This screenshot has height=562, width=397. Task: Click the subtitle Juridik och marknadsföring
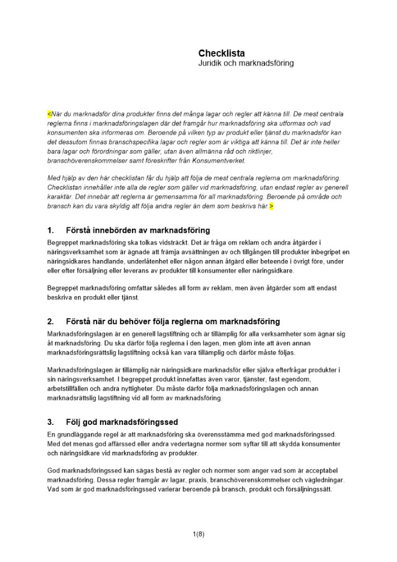(x=245, y=64)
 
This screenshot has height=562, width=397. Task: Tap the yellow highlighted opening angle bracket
(x=49, y=114)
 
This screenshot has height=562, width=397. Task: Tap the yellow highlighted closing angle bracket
(x=271, y=206)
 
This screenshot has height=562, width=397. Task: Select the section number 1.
(x=51, y=230)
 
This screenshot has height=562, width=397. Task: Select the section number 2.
(x=51, y=322)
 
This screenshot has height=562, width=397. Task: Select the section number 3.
(x=51, y=422)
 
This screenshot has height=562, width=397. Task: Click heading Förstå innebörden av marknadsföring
(x=138, y=230)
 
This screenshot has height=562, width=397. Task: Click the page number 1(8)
(x=198, y=534)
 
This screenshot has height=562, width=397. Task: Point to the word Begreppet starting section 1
(x=65, y=242)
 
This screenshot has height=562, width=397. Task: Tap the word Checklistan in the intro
(x=65, y=188)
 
